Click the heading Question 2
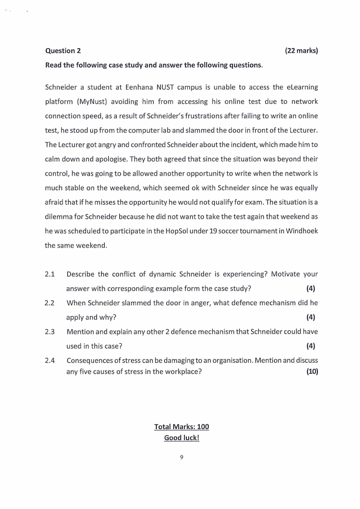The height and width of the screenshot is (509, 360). coord(63,50)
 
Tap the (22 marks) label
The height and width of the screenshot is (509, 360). coord(301,50)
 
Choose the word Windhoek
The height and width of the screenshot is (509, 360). coord(301,231)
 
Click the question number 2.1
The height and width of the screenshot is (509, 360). coord(50,274)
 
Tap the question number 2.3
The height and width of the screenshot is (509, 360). coord(50,332)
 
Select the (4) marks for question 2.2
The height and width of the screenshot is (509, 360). coord(311,317)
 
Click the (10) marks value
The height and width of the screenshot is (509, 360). coord(312,372)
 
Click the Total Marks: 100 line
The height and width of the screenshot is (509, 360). coord(181,427)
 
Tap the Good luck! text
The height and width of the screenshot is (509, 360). coord(181,438)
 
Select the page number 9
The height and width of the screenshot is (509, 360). coord(181,458)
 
